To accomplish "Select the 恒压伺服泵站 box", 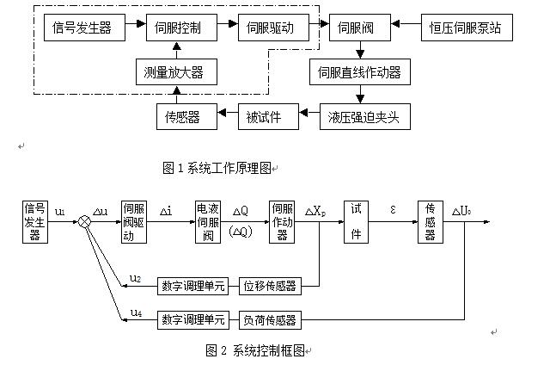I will [x=465, y=28].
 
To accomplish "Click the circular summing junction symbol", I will [x=84, y=222].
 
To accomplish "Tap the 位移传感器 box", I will [x=268, y=285].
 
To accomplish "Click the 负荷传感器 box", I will [x=268, y=319].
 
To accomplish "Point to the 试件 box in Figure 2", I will [x=357, y=222].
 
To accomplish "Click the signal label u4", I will [x=136, y=312].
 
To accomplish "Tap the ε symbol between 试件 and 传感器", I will [x=393, y=209].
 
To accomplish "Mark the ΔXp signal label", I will [x=315, y=212].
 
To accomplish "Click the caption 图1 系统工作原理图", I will [x=219, y=169].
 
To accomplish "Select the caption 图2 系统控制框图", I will [x=255, y=350].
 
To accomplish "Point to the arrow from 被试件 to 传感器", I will [x=225, y=115].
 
